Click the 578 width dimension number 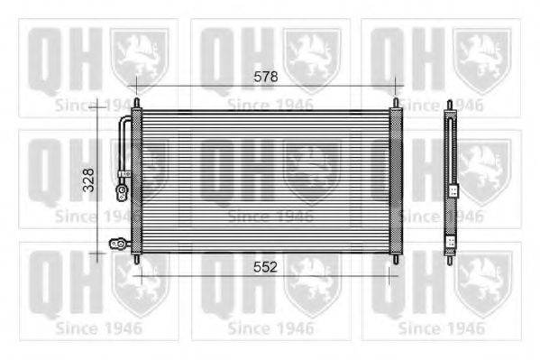266,77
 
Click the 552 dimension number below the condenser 265,267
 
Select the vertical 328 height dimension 89,180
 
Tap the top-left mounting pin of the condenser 137,103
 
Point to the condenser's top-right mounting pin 396,103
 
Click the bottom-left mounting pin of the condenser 137,259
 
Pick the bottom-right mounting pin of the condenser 396,259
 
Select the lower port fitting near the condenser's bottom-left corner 118,244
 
